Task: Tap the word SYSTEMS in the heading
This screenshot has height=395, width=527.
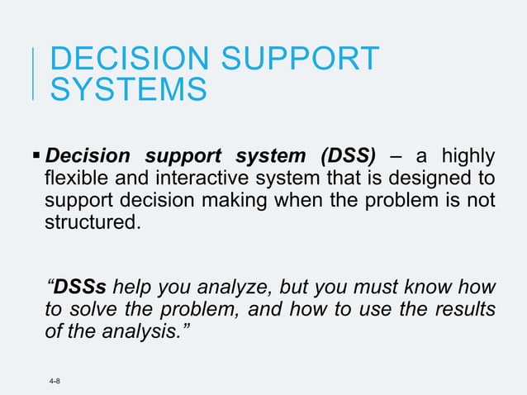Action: point(129,89)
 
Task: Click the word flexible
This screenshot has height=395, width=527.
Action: point(77,178)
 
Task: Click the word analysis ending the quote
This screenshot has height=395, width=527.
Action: point(153,332)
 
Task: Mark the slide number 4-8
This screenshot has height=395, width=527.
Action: point(55,381)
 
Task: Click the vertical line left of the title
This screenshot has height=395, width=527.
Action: point(33,74)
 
